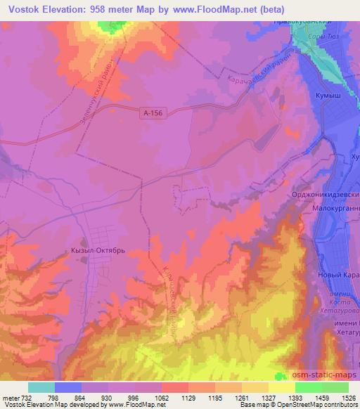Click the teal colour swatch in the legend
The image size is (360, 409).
pyautogui.click(x=41, y=387)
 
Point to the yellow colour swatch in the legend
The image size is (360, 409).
pyautogui.click(x=282, y=387)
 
